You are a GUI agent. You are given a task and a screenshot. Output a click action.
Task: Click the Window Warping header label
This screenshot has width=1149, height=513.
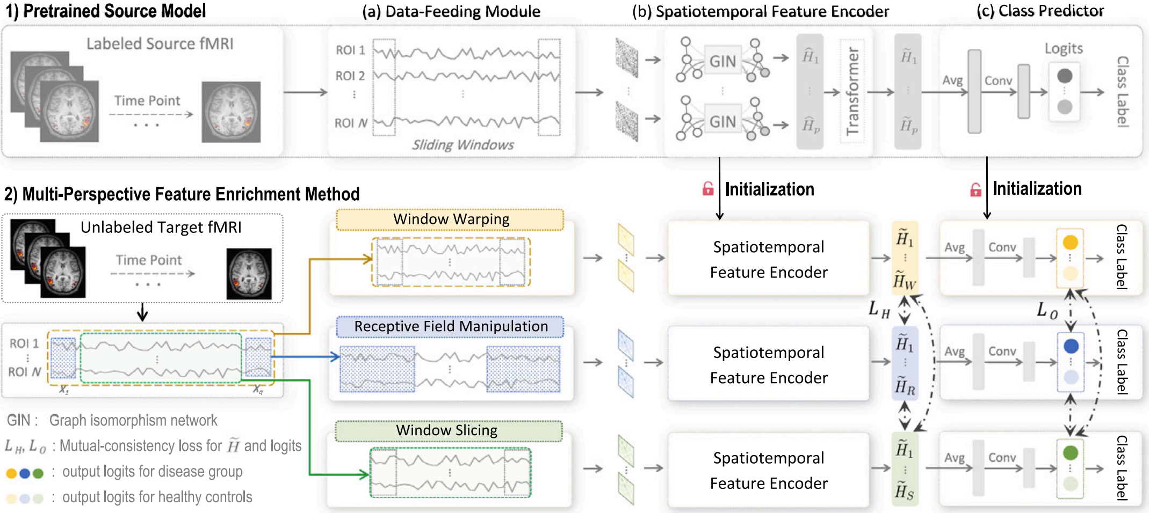pyautogui.click(x=451, y=219)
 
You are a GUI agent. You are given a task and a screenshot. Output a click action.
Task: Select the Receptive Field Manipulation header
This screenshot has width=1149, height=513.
pyautogui.click(x=451, y=326)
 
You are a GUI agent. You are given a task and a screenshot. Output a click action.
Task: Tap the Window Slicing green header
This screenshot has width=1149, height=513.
pyautogui.click(x=447, y=430)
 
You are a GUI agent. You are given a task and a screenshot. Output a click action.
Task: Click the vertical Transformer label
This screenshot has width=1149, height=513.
pyautogui.click(x=852, y=91)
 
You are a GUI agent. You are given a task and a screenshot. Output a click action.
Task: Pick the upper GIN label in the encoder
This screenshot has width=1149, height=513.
pyautogui.click(x=722, y=61)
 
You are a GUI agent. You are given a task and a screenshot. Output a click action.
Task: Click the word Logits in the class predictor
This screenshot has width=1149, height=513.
pyautogui.click(x=1063, y=48)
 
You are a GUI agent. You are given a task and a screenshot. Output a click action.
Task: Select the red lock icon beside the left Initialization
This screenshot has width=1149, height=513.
pyautogui.click(x=708, y=189)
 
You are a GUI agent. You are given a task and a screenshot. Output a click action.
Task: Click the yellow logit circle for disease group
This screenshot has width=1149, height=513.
pyautogui.click(x=1070, y=242)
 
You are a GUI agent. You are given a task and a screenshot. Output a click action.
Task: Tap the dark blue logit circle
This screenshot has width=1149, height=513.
pyautogui.click(x=1071, y=346)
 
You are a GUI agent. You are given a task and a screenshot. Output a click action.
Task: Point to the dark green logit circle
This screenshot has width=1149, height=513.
pyautogui.click(x=1070, y=452)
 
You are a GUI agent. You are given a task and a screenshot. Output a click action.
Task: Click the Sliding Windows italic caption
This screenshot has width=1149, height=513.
pyautogui.click(x=463, y=145)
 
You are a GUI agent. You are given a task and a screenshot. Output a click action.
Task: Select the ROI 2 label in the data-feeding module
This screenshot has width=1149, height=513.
pyautogui.click(x=350, y=76)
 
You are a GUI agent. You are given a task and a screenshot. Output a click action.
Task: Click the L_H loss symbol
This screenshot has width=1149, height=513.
pyautogui.click(x=879, y=309)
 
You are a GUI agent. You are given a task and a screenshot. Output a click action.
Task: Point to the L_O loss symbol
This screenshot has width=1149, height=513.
pyautogui.click(x=1047, y=310)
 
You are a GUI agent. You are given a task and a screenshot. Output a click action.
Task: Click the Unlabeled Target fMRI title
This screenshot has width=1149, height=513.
pyautogui.click(x=161, y=228)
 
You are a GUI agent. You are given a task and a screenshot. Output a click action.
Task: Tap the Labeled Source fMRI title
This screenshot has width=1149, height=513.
pyautogui.click(x=160, y=43)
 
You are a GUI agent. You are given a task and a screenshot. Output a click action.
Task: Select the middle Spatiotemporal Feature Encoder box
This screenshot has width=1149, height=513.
pyautogui.click(x=768, y=364)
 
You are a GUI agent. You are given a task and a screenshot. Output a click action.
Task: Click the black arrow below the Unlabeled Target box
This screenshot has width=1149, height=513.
pyautogui.click(x=142, y=312)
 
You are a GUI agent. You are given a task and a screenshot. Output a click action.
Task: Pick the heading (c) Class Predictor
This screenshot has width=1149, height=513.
pyautogui.click(x=1040, y=11)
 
